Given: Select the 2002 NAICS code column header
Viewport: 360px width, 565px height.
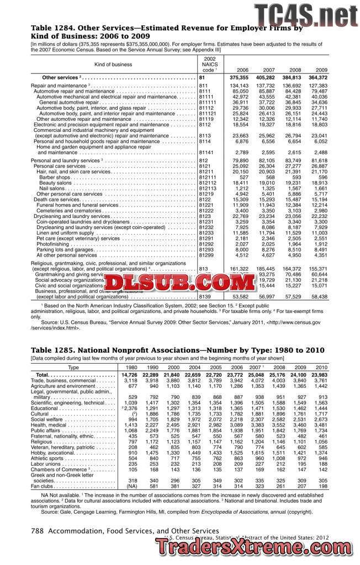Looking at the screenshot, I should coord(210,64).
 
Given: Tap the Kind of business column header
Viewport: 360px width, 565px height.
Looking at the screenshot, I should coord(113,65).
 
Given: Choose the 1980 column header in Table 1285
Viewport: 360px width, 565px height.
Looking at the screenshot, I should coord(132,367).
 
